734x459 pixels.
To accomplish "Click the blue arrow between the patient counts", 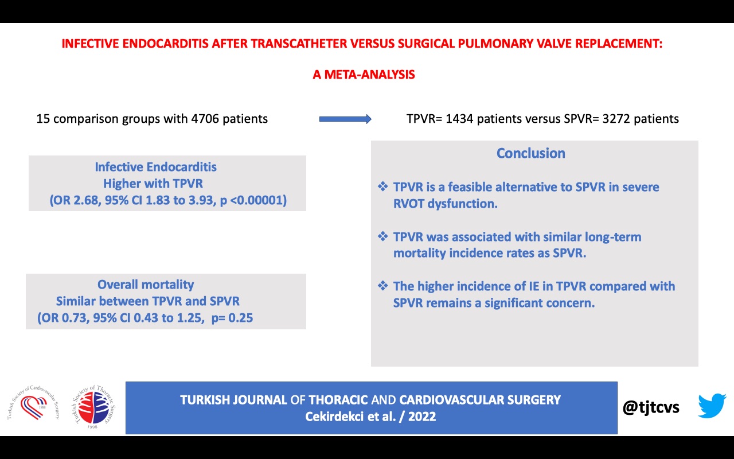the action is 345,119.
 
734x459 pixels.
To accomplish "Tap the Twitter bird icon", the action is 712,406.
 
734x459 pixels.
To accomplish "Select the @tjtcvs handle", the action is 651,407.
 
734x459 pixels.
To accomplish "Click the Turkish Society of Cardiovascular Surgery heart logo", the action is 33,403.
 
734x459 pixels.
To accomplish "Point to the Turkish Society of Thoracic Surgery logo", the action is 93,407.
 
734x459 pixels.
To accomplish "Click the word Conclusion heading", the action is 531,153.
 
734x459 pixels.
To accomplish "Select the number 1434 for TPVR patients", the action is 459,119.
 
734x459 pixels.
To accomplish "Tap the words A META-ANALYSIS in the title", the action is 364,75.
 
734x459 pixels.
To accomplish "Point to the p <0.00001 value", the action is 253,200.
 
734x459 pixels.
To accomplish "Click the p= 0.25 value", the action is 232,318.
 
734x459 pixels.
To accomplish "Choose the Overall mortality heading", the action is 146,285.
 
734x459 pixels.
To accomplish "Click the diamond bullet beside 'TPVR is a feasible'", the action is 382,186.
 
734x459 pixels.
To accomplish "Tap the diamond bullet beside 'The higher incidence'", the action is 382,286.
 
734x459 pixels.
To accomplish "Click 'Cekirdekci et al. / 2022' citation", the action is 370,417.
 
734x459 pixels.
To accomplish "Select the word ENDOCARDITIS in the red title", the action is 166,44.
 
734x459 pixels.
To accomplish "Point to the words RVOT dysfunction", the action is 446,204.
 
